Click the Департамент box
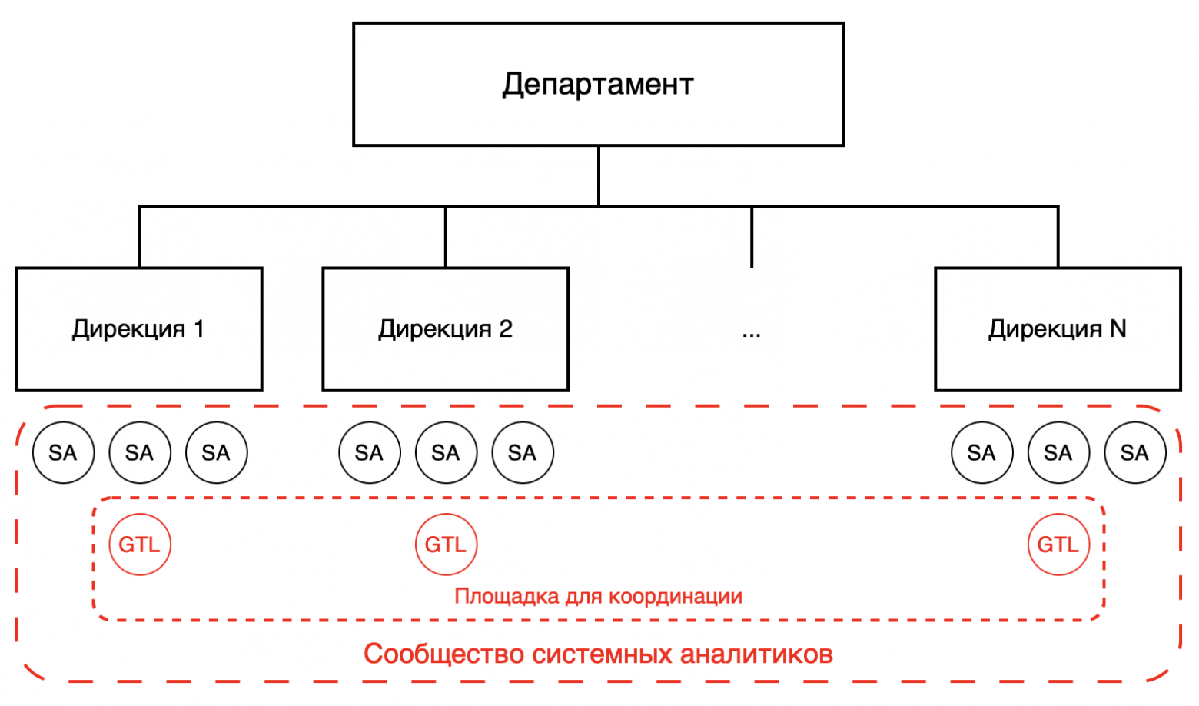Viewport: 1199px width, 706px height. tap(598, 84)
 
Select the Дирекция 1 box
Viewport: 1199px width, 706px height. tap(139, 329)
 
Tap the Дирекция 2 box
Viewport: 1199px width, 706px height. tap(445, 329)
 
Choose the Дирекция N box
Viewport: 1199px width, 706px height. tap(1058, 329)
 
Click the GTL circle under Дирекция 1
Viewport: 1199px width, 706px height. tap(139, 544)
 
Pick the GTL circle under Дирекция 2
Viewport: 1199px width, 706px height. tap(446, 544)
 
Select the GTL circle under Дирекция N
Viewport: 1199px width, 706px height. tap(1058, 544)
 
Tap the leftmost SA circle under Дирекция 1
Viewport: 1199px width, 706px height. tap(63, 452)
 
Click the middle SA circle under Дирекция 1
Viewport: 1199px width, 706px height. tap(139, 452)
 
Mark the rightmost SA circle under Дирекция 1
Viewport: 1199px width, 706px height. tap(216, 452)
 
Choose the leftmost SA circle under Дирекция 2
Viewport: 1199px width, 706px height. tap(369, 452)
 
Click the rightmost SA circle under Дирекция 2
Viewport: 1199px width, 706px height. tap(522, 452)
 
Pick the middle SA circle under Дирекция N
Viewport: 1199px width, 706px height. tap(1058, 452)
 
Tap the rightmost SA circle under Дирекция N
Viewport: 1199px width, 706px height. tap(1134, 452)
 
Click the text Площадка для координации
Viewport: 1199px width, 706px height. tap(598, 596)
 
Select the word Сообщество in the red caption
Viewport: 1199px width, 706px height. tap(443, 654)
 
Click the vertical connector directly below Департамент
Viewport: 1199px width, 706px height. tap(598, 175)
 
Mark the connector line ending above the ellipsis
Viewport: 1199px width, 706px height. tap(751, 238)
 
